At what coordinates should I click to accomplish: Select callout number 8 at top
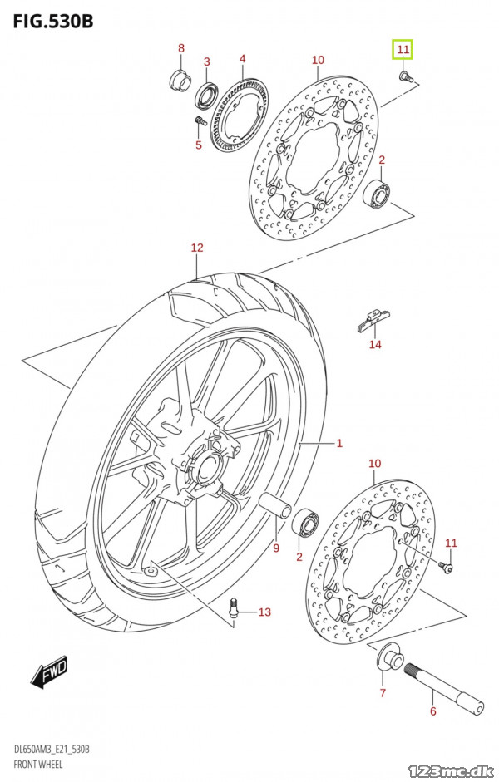181,48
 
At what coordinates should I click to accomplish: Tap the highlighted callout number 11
403,51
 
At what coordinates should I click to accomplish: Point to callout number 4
242,59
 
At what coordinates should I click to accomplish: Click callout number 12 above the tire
196,248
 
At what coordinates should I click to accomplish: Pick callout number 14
375,344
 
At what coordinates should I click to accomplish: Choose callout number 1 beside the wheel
339,443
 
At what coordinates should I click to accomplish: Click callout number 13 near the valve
264,612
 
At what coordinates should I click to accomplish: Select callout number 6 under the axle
432,711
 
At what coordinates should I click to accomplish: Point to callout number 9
276,548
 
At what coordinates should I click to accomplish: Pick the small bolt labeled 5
199,122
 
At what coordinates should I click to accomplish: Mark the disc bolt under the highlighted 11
405,76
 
